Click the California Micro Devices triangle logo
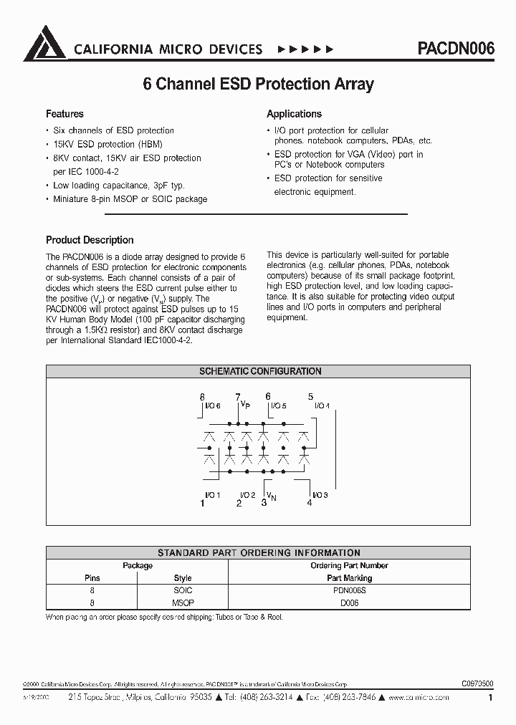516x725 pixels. (45, 44)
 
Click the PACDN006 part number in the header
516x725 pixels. (455, 49)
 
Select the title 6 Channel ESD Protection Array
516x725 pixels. (258, 84)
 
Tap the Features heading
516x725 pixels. (64, 114)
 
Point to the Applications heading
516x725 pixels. (294, 114)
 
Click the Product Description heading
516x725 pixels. (90, 240)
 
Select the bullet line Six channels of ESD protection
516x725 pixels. (114, 130)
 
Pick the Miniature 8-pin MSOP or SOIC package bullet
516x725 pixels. (130, 198)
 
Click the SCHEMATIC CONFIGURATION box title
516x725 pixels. (259, 371)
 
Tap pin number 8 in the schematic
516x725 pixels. (202, 397)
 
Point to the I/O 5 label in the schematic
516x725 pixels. (278, 406)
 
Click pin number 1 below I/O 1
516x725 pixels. (202, 504)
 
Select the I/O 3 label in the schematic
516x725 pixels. (320, 495)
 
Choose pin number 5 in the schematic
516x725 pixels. (310, 397)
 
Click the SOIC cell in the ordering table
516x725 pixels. (183, 590)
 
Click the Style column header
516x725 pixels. (183, 577)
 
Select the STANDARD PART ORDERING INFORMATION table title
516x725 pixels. (259, 552)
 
